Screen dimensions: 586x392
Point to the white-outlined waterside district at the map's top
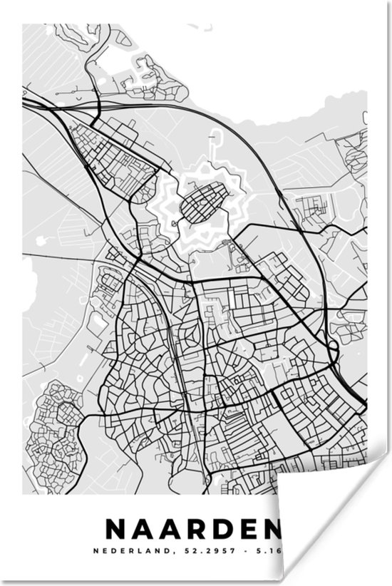(x=153, y=75)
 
